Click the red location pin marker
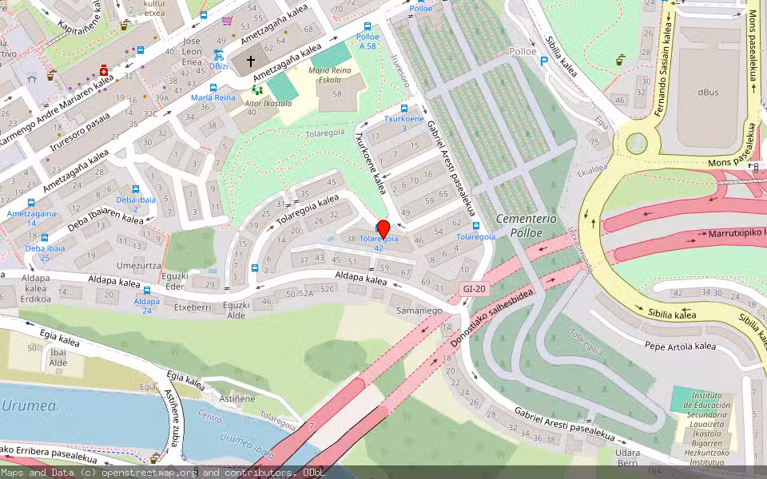point(383,228)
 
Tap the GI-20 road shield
point(475,289)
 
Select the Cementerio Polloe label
point(519,226)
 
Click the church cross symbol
point(250,61)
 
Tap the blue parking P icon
point(544,61)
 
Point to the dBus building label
point(708,92)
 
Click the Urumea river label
point(29,406)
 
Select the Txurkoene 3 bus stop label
point(403,123)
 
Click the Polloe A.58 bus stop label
point(368,42)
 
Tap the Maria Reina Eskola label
point(329,76)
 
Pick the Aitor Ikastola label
point(268,103)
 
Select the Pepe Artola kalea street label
point(681,346)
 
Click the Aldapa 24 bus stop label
point(147,306)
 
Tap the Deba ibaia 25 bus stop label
point(44,253)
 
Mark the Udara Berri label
point(628,457)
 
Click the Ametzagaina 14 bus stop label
point(31,218)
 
